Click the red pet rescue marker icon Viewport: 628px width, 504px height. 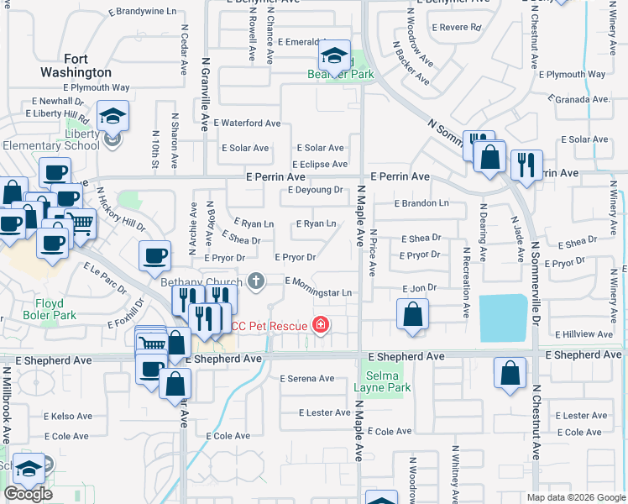click(320, 324)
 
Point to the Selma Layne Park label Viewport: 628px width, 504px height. click(386, 381)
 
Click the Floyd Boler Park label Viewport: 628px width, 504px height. click(55, 308)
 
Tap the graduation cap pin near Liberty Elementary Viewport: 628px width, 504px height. click(112, 117)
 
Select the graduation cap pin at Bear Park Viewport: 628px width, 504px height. click(334, 57)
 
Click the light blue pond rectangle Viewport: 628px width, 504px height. click(503, 318)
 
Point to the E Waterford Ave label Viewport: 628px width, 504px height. click(247, 123)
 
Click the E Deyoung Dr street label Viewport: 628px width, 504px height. click(315, 190)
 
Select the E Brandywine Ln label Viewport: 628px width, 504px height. click(144, 13)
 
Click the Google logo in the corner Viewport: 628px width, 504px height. click(28, 494)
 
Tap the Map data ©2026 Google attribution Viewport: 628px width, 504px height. click(575, 497)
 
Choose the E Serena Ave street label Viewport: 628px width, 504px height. click(307, 379)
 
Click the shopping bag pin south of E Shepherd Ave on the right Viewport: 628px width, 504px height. click(510, 375)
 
